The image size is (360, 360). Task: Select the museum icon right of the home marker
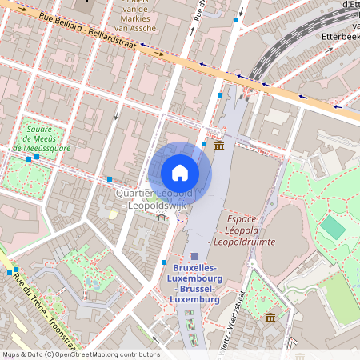[x=219, y=146]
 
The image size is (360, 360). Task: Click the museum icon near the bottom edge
[x=270, y=318]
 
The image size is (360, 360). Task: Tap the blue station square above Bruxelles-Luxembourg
[x=194, y=255]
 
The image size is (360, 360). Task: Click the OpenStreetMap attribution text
[x=81, y=354]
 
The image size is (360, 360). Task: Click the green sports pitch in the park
[x=333, y=228]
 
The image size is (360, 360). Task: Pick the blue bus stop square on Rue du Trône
[x=16, y=270]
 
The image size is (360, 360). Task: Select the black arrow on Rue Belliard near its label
[x=160, y=54]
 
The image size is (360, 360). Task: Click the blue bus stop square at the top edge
[x=235, y=18]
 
